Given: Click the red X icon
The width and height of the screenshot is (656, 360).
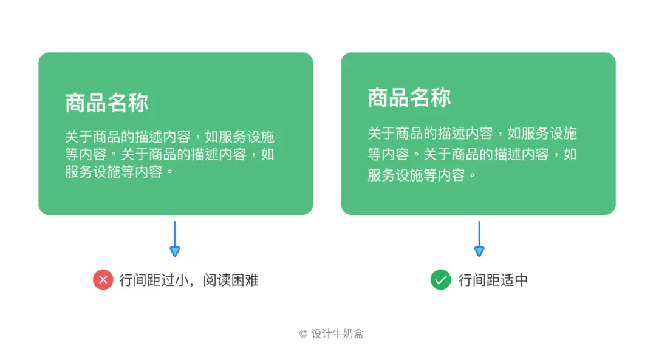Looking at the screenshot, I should point(103,280).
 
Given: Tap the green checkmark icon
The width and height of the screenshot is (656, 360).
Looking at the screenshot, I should point(440,280).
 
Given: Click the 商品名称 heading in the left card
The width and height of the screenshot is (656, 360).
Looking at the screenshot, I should point(107,103).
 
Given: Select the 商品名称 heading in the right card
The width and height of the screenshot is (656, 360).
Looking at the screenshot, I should point(409,98).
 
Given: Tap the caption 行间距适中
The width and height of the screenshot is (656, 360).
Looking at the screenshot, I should point(493,280).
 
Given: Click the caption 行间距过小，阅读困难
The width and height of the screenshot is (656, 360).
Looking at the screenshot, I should point(189,280).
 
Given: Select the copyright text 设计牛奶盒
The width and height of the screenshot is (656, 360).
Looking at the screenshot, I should point(337,333).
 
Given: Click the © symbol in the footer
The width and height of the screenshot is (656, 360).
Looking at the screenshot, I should point(303,334).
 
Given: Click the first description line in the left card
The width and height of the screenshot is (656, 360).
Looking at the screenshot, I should point(169,136).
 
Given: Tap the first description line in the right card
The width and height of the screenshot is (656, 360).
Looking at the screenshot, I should point(472,133).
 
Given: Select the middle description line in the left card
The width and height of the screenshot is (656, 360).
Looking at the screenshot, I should point(169,154).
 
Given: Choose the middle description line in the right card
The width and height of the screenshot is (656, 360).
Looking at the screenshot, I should point(472,154).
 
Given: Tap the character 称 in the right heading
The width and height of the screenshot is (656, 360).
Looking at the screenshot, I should point(440,98).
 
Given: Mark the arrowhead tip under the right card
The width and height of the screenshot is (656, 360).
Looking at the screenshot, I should point(479,254).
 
